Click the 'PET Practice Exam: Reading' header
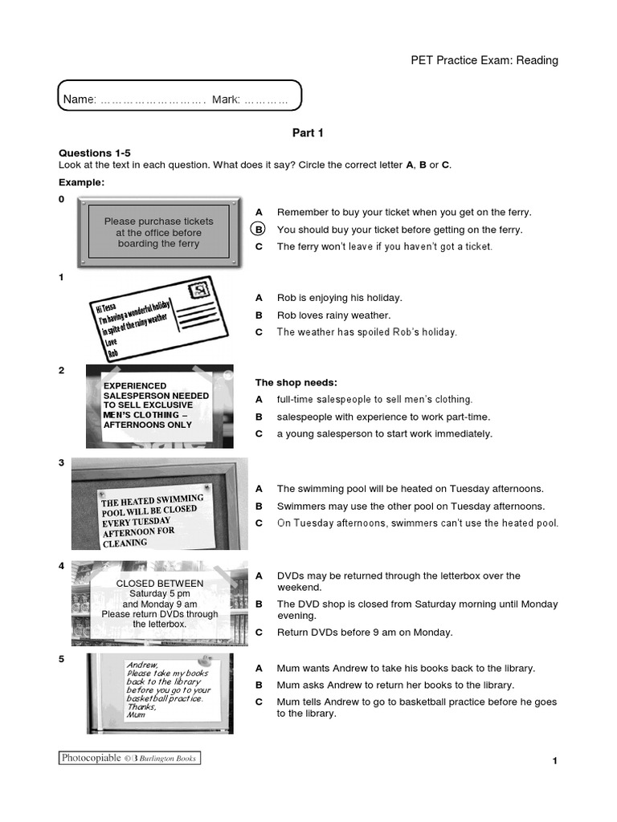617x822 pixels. click(484, 60)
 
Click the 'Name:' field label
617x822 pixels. click(80, 99)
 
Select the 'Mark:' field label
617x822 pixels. click(226, 99)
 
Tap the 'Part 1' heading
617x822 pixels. click(308, 133)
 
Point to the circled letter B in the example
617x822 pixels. click(259, 230)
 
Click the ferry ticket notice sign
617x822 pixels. click(159, 232)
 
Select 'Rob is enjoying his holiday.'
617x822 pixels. click(339, 298)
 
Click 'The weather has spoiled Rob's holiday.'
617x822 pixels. click(366, 332)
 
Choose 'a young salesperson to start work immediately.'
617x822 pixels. click(384, 433)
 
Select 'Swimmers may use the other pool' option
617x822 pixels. click(411, 506)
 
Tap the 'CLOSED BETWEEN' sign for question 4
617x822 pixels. click(160, 603)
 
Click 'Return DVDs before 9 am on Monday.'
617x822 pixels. click(365, 633)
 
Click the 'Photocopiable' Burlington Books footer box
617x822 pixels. click(129, 758)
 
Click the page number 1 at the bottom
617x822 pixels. click(554, 761)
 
